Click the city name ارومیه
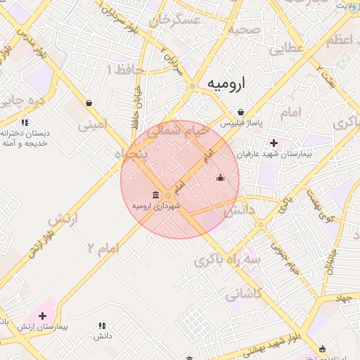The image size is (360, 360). [229, 84]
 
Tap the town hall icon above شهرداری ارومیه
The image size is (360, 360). [156, 195]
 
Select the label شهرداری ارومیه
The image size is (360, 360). [156, 206]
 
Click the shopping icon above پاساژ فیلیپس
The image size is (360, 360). [241, 112]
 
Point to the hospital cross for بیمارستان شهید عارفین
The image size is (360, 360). [274, 143]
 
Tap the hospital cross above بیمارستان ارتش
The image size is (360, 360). [43, 316]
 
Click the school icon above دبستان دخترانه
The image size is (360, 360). [25, 122]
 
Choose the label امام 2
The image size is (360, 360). [103, 247]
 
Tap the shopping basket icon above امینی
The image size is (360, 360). [89, 103]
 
